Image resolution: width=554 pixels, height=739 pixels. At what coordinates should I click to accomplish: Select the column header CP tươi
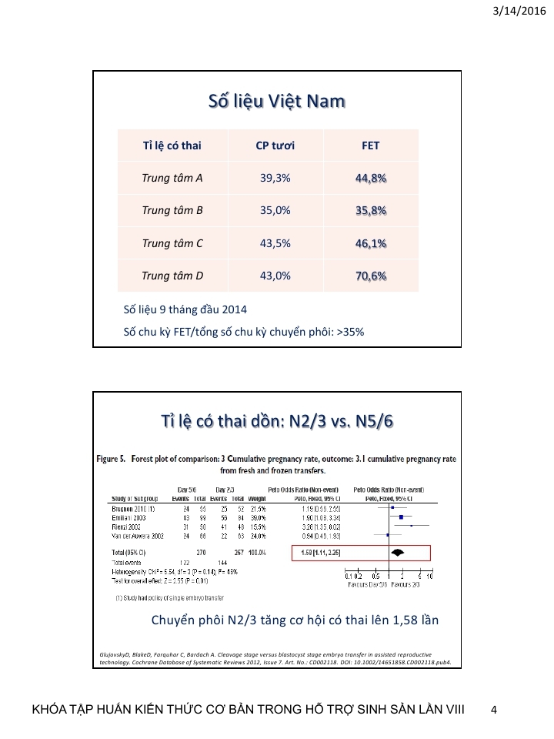pyautogui.click(x=275, y=145)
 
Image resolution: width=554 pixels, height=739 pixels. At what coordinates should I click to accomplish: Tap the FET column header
pyautogui.click(x=371, y=145)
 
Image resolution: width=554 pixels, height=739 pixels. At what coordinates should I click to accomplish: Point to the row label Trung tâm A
pyautogui.click(x=172, y=178)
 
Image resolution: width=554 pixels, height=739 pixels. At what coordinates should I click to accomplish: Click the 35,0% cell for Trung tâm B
pyautogui.click(x=275, y=210)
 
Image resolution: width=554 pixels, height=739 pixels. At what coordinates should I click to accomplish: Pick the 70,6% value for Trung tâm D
pyautogui.click(x=371, y=276)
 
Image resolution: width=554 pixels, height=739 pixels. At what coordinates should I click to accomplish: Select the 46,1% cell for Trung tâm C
pyautogui.click(x=371, y=243)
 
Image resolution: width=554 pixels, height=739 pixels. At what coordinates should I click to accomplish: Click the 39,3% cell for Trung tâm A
pyautogui.click(x=275, y=178)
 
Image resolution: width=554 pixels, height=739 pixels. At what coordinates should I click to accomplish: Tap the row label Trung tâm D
pyautogui.click(x=172, y=276)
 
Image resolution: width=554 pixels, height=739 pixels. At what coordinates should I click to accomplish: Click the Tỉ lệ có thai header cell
pyautogui.click(x=172, y=145)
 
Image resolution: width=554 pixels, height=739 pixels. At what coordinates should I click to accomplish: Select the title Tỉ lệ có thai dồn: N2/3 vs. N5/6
pyautogui.click(x=276, y=423)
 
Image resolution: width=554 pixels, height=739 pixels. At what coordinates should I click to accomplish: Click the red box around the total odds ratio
pyautogui.click(x=361, y=552)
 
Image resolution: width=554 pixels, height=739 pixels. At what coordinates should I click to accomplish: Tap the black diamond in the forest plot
pyautogui.click(x=398, y=552)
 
